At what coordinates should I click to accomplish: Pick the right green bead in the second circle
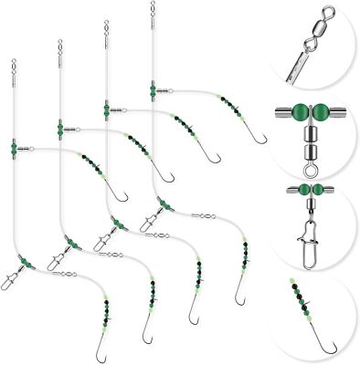(x=322, y=114)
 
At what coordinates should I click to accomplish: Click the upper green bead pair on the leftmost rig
(x=14, y=146)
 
